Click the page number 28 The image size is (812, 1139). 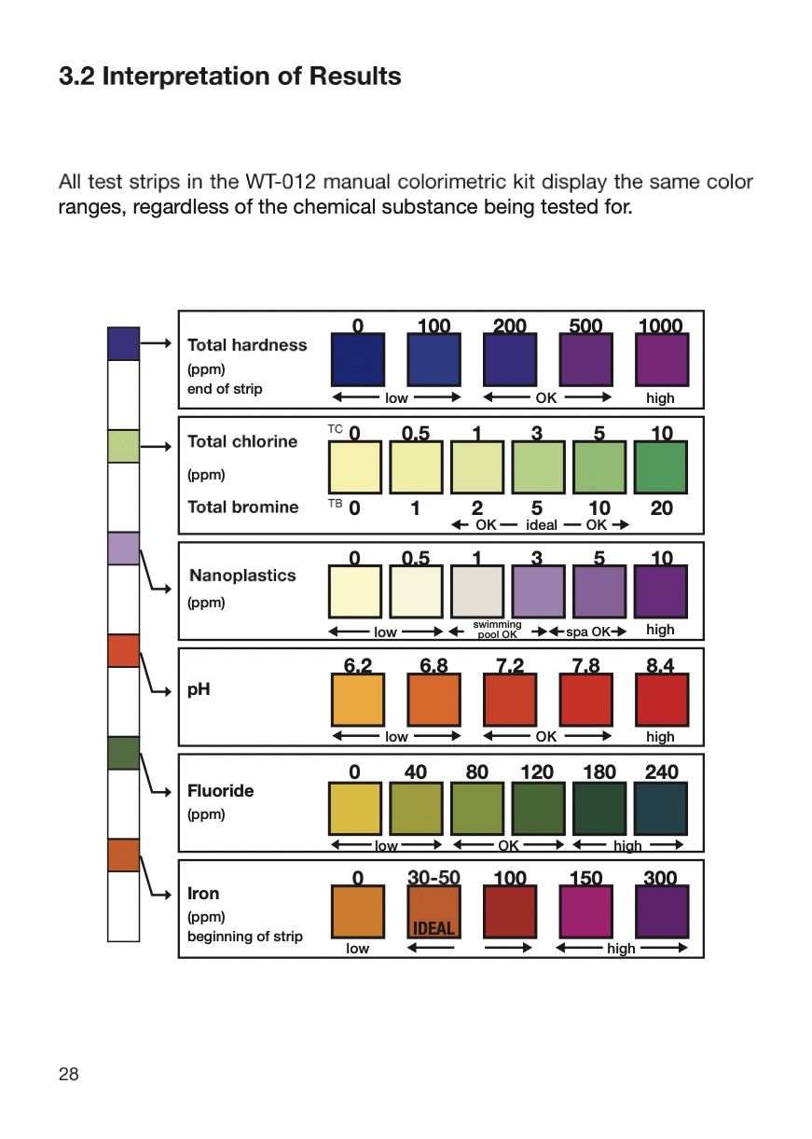(x=69, y=1074)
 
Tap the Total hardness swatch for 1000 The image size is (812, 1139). (x=661, y=360)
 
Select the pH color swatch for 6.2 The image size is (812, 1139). (x=358, y=700)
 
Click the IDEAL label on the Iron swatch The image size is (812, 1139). (x=434, y=928)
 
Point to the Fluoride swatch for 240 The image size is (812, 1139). (x=661, y=809)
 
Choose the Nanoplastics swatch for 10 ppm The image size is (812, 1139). (x=661, y=591)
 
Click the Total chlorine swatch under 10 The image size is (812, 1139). (x=661, y=467)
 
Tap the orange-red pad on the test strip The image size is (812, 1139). (x=123, y=650)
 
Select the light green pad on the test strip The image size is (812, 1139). (x=123, y=446)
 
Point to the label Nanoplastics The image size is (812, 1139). (x=242, y=576)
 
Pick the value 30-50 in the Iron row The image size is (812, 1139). (x=434, y=878)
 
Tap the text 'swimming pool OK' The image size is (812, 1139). (x=497, y=630)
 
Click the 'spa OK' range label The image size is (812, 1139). (x=588, y=632)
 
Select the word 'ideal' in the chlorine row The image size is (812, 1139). (x=542, y=525)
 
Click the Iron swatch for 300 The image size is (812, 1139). (x=661, y=912)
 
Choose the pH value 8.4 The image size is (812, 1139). (x=661, y=666)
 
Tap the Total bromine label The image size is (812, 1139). (x=243, y=507)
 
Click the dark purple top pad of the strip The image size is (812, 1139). (x=123, y=343)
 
